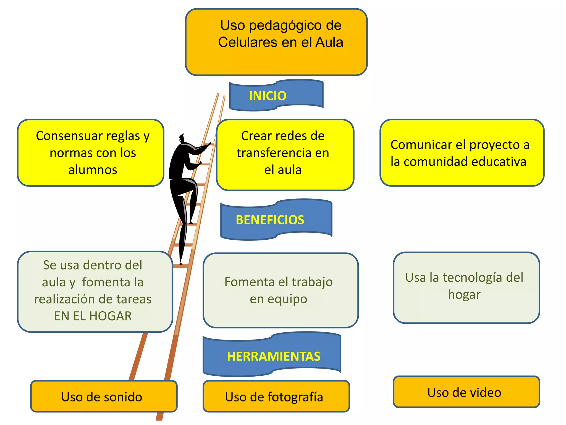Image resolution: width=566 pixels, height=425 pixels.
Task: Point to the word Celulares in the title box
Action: click(x=247, y=42)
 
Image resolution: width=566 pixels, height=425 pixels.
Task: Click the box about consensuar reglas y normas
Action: click(x=91, y=153)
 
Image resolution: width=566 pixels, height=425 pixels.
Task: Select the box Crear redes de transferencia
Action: click(x=285, y=155)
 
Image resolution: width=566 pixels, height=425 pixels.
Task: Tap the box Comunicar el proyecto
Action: click(x=462, y=153)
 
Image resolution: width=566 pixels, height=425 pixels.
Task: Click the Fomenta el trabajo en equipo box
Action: click(x=281, y=290)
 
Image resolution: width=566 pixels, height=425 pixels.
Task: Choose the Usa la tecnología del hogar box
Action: click(x=466, y=287)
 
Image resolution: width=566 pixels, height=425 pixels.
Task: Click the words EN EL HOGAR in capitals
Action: click(x=93, y=316)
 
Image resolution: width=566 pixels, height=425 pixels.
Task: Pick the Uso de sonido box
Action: click(x=104, y=396)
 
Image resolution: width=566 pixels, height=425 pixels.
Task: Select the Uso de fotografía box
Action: click(x=276, y=396)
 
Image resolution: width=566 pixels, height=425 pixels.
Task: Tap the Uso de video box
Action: click(x=466, y=392)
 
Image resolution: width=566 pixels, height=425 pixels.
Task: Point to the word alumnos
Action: click(x=93, y=170)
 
